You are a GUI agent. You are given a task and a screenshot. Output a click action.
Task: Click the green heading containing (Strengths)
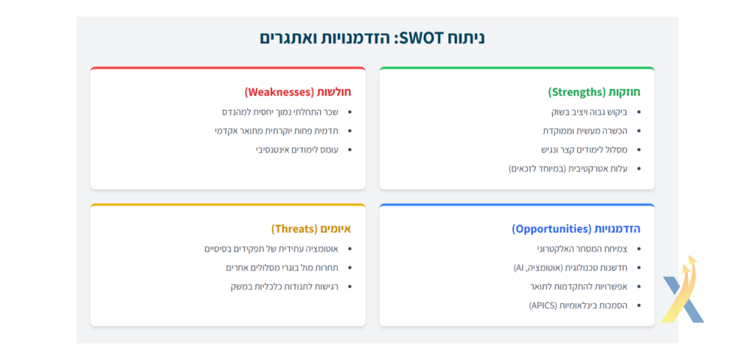pyautogui.click(x=594, y=91)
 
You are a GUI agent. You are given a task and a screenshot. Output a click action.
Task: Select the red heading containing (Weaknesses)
pyautogui.click(x=298, y=91)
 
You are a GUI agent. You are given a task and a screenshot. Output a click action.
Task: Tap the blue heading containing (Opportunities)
pyautogui.click(x=576, y=229)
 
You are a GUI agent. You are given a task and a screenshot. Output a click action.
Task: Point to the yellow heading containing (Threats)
pyautogui.click(x=311, y=229)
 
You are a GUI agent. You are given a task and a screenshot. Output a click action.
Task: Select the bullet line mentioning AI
pyautogui.click(x=571, y=268)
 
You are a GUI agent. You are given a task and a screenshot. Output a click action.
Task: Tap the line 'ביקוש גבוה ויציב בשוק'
pyautogui.click(x=589, y=112)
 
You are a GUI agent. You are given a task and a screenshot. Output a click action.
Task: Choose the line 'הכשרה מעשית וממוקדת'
pyautogui.click(x=585, y=131)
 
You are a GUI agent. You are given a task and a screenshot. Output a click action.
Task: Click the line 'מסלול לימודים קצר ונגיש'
pyautogui.click(x=584, y=150)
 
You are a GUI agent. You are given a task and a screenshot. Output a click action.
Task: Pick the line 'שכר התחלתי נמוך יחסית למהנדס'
pyautogui.click(x=280, y=112)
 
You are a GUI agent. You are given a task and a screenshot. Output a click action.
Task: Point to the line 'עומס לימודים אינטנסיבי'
pyautogui.click(x=297, y=150)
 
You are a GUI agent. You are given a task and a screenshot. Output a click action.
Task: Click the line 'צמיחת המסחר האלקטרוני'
pyautogui.click(x=582, y=249)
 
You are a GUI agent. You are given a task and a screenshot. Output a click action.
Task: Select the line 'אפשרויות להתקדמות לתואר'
pyautogui.click(x=579, y=286)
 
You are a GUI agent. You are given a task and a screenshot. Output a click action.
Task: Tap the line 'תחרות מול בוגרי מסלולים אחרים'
pyautogui.click(x=282, y=268)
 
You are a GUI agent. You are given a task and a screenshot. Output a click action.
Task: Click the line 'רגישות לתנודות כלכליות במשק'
pyautogui.click(x=285, y=286)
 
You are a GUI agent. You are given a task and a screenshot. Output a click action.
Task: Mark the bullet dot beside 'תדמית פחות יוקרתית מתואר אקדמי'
pyautogui.click(x=349, y=131)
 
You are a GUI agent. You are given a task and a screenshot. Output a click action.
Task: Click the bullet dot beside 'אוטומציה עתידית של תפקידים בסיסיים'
pyautogui.click(x=349, y=249)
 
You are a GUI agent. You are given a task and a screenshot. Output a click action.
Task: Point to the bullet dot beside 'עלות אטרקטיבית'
pyautogui.click(x=639, y=169)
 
